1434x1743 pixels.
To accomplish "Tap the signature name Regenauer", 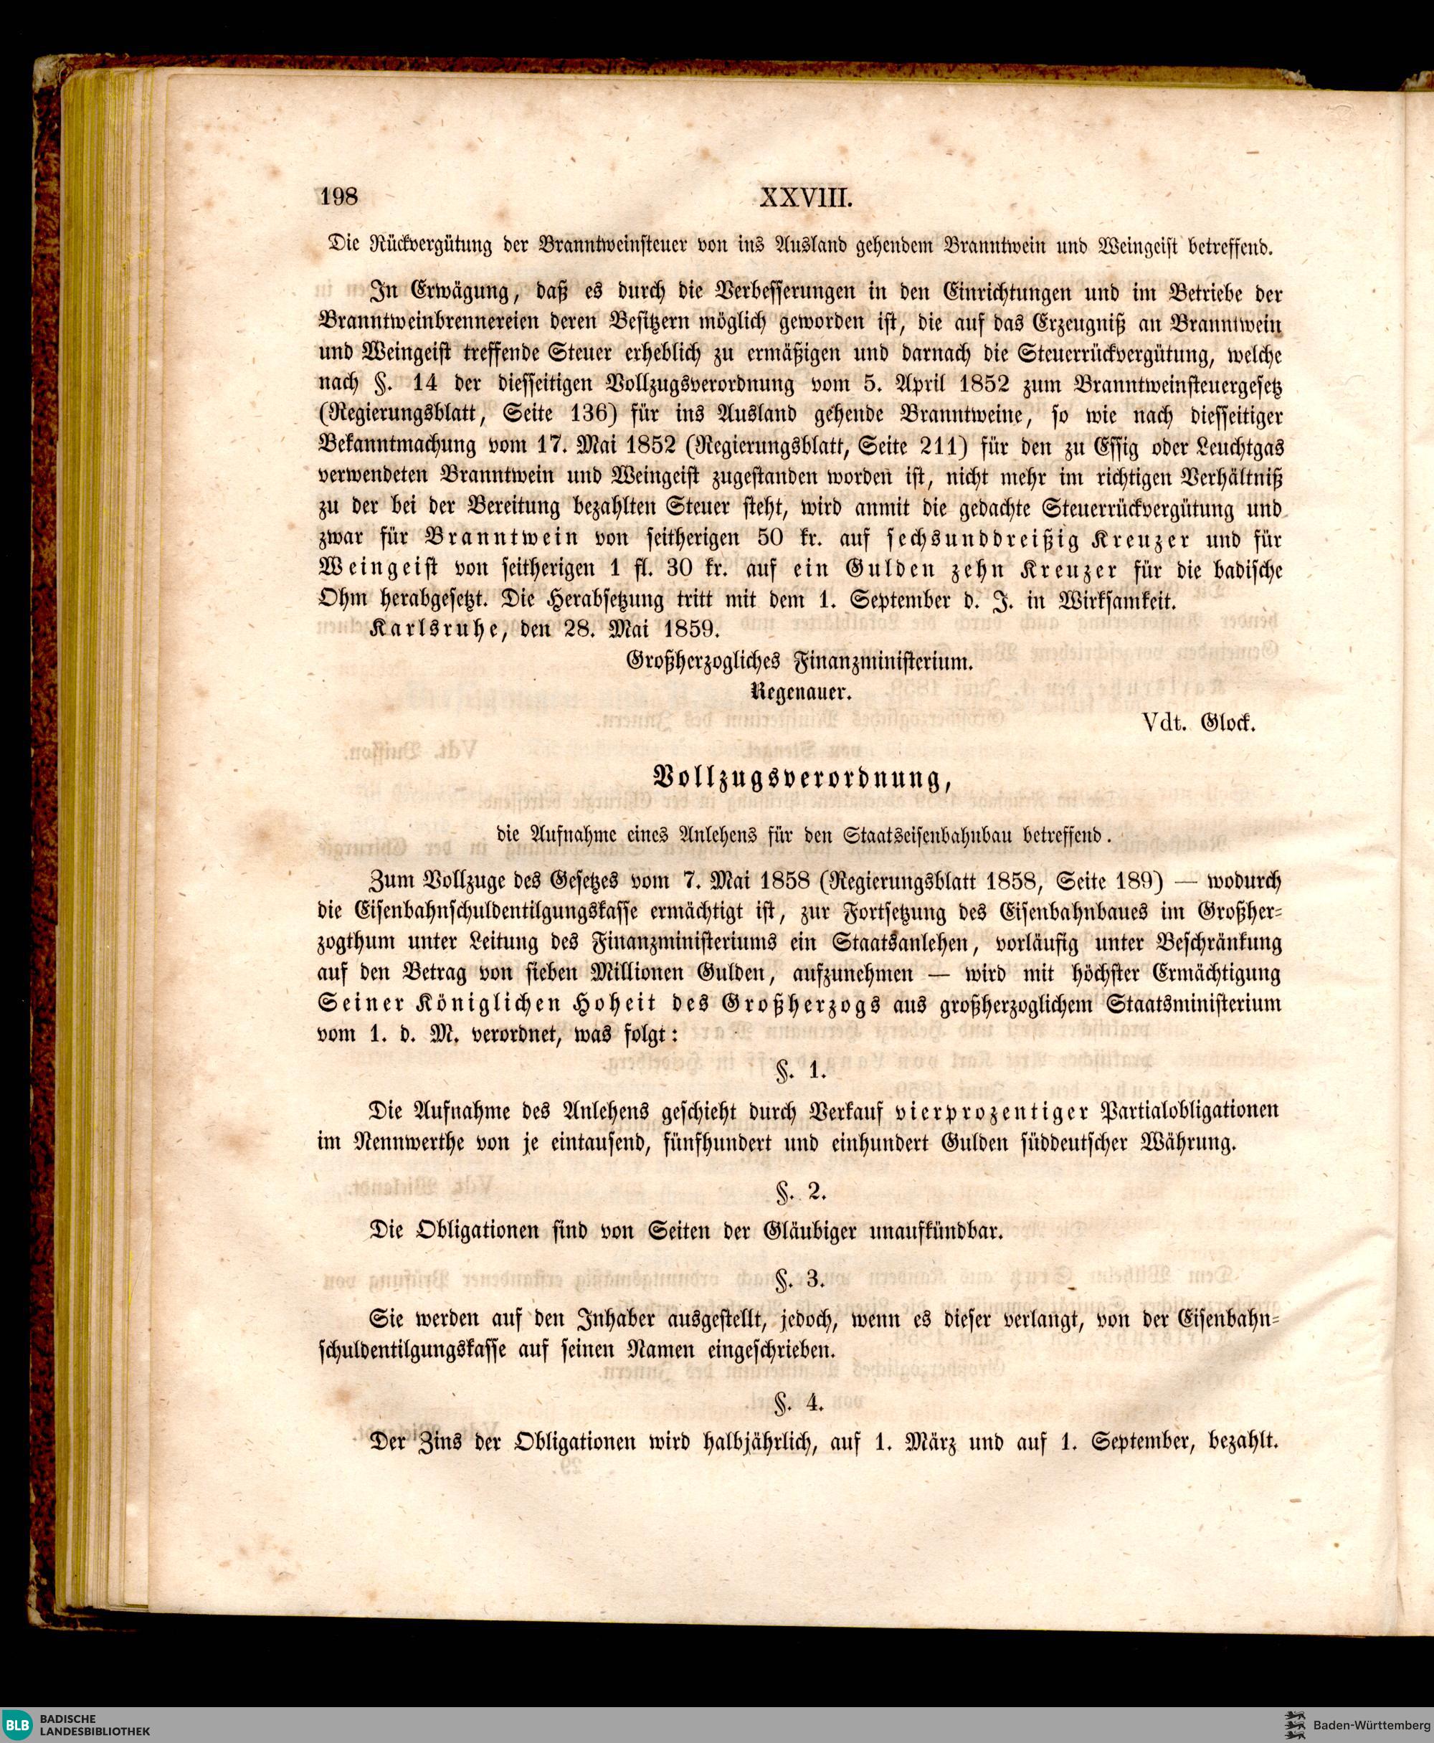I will point(799,692).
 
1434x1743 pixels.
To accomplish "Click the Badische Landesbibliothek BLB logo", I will point(21,1722).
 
